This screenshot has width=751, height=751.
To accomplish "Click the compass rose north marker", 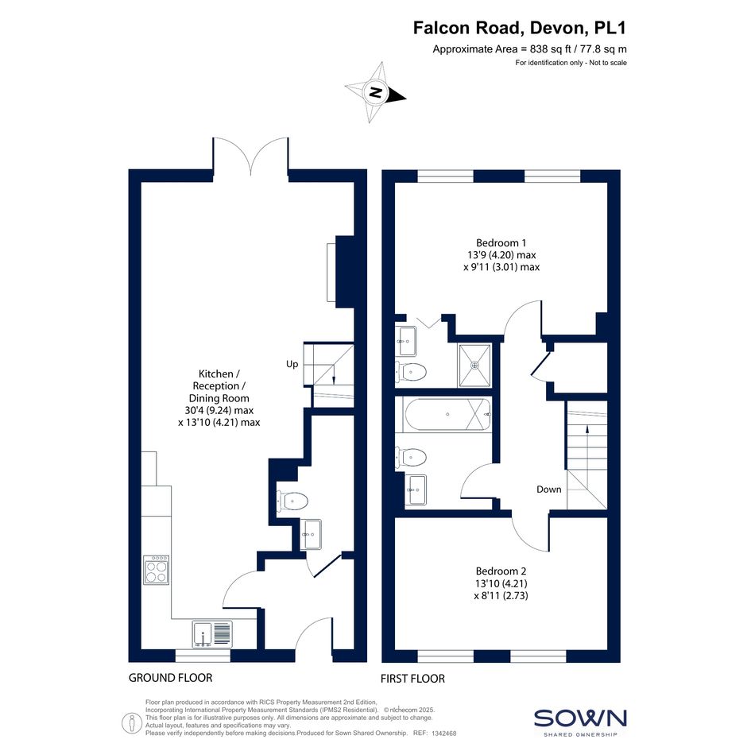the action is click(x=377, y=92).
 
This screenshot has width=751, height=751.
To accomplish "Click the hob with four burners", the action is click(x=156, y=570).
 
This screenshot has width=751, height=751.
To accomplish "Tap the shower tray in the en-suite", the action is click(x=474, y=365).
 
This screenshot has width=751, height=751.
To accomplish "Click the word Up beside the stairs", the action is click(x=292, y=364).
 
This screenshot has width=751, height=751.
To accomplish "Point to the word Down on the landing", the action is click(x=549, y=489).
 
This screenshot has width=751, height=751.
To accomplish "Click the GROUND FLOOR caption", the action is click(x=171, y=678).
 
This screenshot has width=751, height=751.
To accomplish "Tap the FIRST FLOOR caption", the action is click(x=413, y=678).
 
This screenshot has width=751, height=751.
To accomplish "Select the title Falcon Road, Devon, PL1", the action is click(x=520, y=28).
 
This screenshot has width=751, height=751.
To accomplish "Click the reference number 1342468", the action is click(x=444, y=734).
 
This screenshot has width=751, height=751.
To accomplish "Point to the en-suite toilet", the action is click(x=411, y=371).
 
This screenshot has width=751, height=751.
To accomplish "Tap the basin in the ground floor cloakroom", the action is click(x=312, y=535).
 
